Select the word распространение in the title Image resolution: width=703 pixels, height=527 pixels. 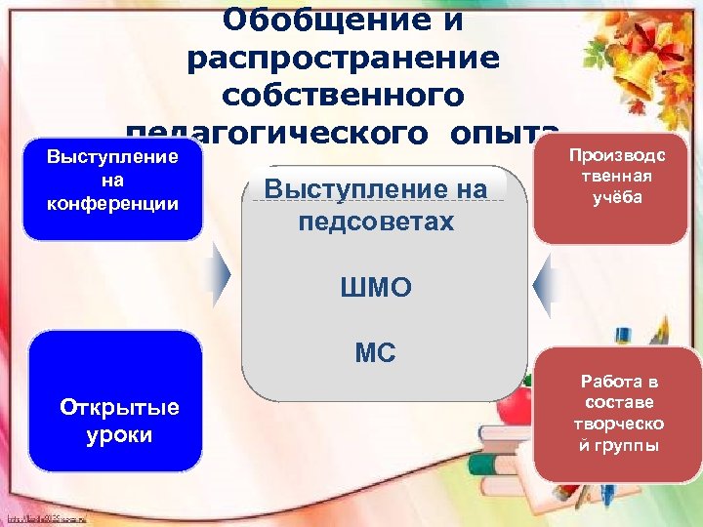(343, 59)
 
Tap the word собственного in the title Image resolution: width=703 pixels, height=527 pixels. (343, 98)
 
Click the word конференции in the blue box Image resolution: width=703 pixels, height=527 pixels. (112, 203)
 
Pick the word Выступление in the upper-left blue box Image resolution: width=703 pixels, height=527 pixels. (112, 157)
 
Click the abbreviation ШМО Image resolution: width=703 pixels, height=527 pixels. (376, 287)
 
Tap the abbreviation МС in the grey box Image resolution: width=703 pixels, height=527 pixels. (376, 352)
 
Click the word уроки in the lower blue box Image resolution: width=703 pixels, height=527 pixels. (119, 435)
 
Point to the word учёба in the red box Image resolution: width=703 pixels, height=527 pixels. (615, 198)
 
